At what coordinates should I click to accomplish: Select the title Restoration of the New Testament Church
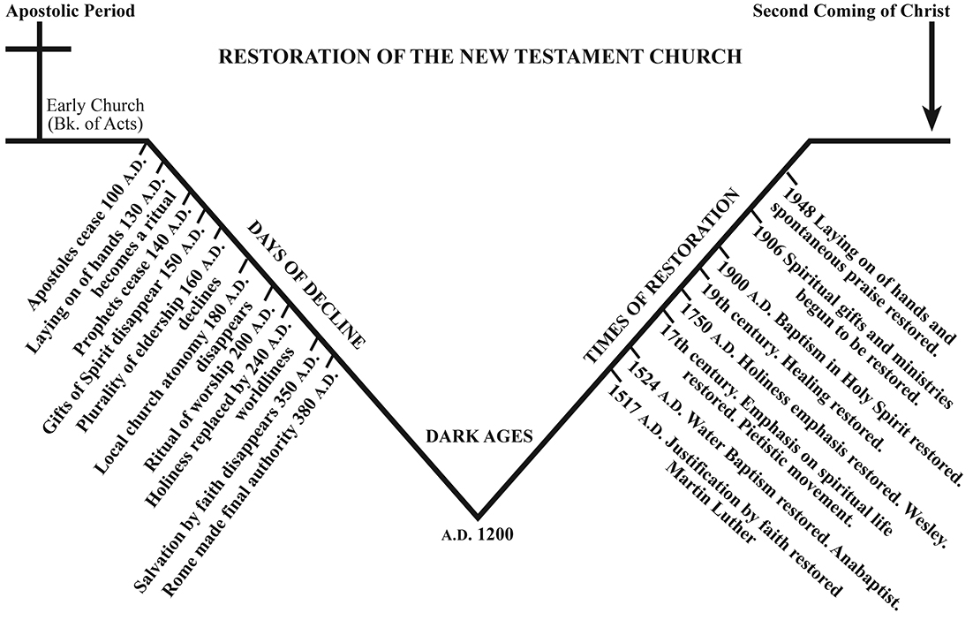(479, 57)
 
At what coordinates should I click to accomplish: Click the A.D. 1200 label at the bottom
(478, 534)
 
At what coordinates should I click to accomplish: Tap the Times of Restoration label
(660, 279)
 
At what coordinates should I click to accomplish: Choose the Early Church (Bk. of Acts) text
(94, 114)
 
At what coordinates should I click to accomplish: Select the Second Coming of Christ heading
(851, 11)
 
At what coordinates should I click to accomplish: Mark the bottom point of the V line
(478, 516)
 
